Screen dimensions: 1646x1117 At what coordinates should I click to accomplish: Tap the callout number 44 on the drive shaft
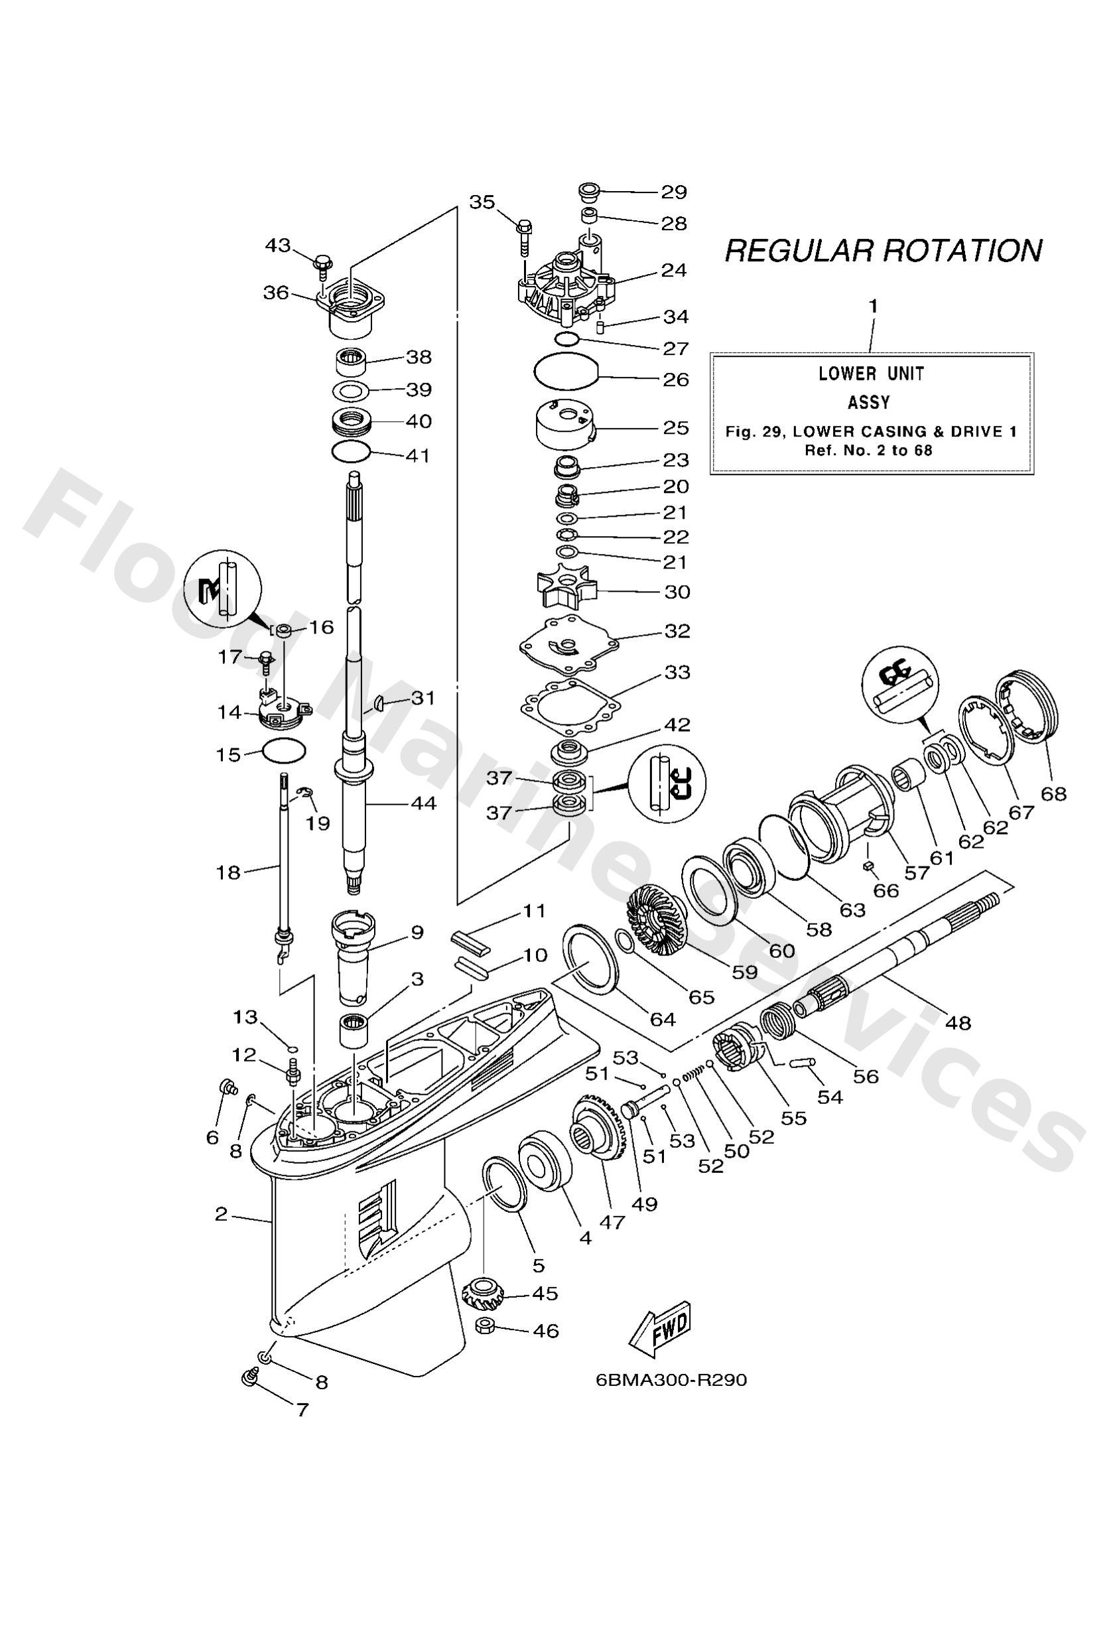(x=424, y=803)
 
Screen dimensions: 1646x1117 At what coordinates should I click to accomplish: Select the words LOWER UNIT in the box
(x=870, y=374)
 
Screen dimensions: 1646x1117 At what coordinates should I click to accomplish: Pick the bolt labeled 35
(x=524, y=238)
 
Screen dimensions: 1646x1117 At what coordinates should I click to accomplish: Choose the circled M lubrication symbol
(x=222, y=587)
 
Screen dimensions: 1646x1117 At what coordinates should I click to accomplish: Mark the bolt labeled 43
(x=321, y=264)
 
